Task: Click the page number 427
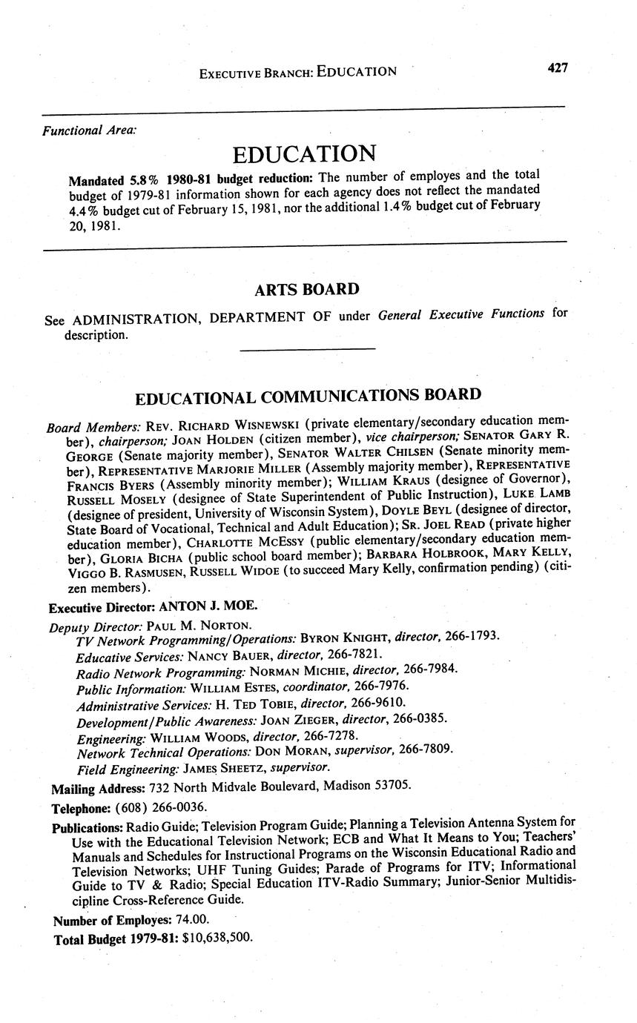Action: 557,68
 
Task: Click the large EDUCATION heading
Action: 303,154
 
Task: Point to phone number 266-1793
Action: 474,636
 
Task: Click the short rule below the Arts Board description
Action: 308,348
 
